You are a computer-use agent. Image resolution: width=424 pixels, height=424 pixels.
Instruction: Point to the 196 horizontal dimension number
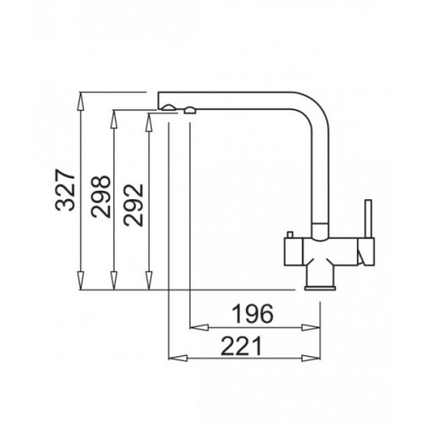click(x=252, y=315)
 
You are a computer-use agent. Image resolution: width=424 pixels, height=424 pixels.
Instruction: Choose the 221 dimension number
click(x=242, y=346)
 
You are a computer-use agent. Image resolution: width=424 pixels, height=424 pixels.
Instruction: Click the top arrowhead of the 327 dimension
click(x=81, y=98)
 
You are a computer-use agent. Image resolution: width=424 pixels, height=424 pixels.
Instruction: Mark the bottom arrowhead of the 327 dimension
click(x=81, y=284)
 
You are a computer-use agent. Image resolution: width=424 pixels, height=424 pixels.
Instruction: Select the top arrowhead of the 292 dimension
click(x=150, y=118)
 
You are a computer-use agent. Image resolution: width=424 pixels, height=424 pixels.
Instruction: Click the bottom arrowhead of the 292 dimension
click(x=150, y=284)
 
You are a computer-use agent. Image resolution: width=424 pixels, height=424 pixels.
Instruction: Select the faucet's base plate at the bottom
click(x=320, y=287)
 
